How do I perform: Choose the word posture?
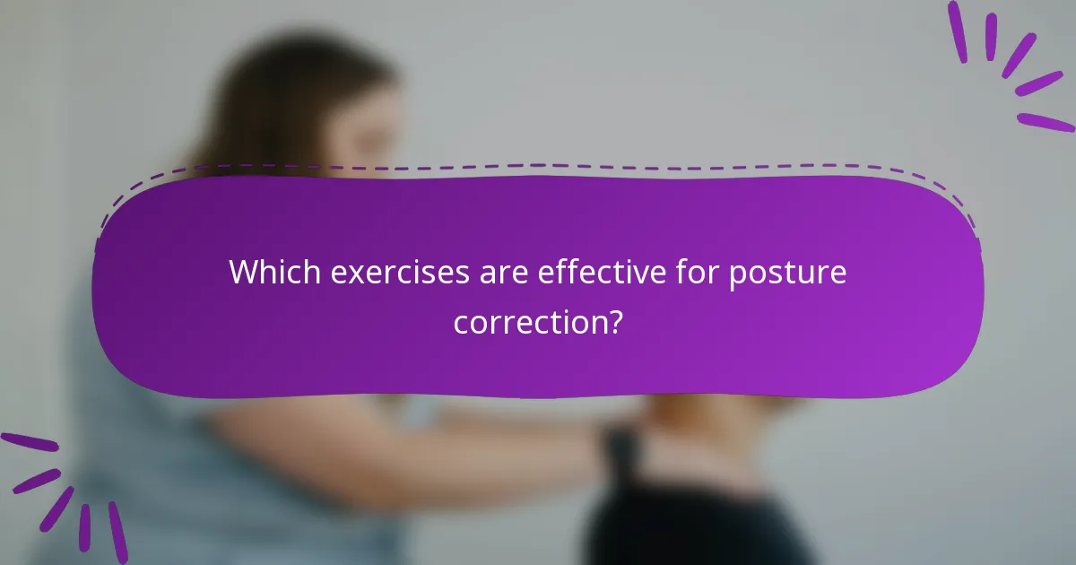click(787, 274)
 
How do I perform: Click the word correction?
click(529, 321)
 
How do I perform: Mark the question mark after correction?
click(614, 321)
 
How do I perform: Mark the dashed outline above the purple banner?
click(538, 166)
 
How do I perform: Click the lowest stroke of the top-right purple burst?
click(1046, 122)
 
